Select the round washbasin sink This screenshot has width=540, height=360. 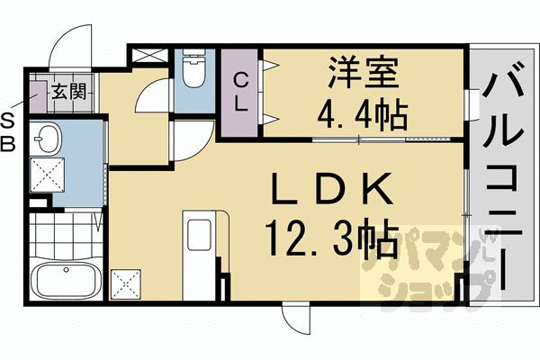click(x=49, y=139)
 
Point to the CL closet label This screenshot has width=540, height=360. click(x=241, y=92)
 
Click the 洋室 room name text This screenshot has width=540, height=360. click(x=358, y=73)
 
